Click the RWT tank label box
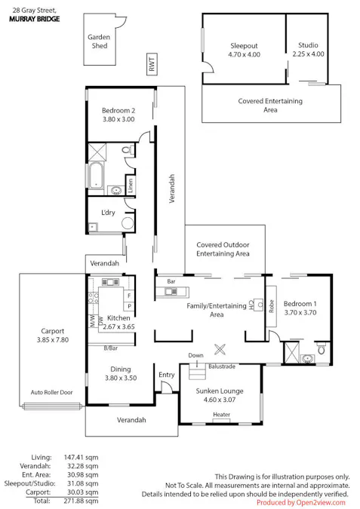pyautogui.click(x=152, y=64)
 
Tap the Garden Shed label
pyautogui.click(x=99, y=41)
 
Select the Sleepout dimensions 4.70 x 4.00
pyautogui.click(x=244, y=54)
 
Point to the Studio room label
pyautogui.click(x=308, y=45)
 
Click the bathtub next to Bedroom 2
pyautogui.click(x=96, y=175)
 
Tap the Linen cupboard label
pyautogui.click(x=131, y=186)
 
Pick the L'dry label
pyautogui.click(x=108, y=213)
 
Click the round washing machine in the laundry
pyautogui.click(x=128, y=223)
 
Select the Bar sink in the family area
pyautogui.click(x=171, y=292)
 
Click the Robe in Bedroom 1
pyautogui.click(x=271, y=306)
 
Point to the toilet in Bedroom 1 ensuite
pyautogui.click(x=321, y=348)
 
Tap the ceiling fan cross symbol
pyautogui.click(x=220, y=349)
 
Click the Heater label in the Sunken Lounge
pyautogui.click(x=222, y=415)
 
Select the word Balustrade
pyautogui.click(x=222, y=366)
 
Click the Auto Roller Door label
pyautogui.click(x=51, y=392)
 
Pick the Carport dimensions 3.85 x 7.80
pyautogui.click(x=53, y=340)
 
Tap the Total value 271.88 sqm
pyautogui.click(x=81, y=501)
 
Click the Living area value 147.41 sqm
pyautogui.click(x=81, y=458)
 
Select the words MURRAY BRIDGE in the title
pyautogui.click(x=35, y=19)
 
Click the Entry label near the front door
pyautogui.click(x=167, y=375)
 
